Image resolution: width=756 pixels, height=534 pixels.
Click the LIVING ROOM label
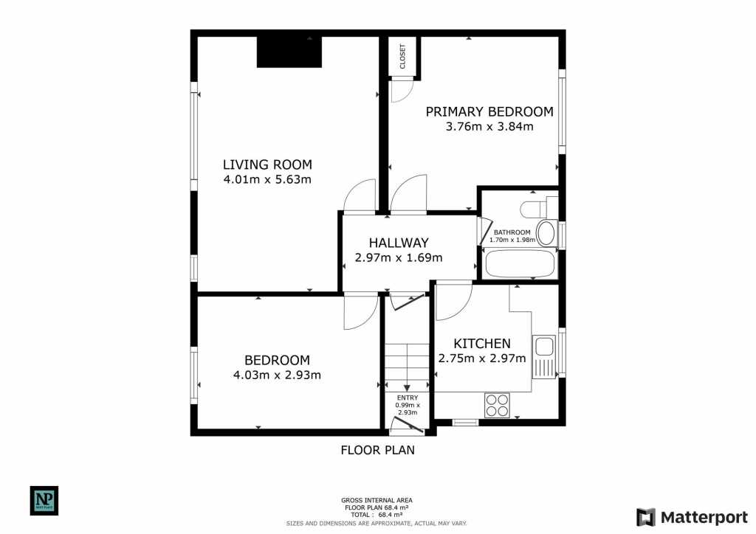tap(267, 164)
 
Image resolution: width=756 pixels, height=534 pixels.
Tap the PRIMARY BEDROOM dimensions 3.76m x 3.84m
tap(489, 126)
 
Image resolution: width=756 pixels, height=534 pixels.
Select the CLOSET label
tap(403, 57)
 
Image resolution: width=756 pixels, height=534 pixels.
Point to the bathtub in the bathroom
tap(519, 263)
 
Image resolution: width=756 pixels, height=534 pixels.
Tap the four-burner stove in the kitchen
tap(496, 405)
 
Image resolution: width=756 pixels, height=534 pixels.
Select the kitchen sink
tap(545, 347)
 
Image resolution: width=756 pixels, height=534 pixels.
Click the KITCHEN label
tap(481, 344)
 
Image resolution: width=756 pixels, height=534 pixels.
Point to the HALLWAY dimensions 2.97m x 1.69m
tap(399, 257)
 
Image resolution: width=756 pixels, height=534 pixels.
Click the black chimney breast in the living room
tap(289, 52)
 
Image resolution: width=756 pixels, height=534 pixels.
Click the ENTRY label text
tap(407, 398)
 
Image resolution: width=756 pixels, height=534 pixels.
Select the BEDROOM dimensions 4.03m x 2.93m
tap(277, 375)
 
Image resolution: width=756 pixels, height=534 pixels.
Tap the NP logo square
tap(44, 500)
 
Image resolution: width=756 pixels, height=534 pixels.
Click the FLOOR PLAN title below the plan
tap(377, 449)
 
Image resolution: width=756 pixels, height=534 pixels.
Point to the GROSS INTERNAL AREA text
tap(377, 500)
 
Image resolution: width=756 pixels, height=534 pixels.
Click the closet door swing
tap(402, 91)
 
